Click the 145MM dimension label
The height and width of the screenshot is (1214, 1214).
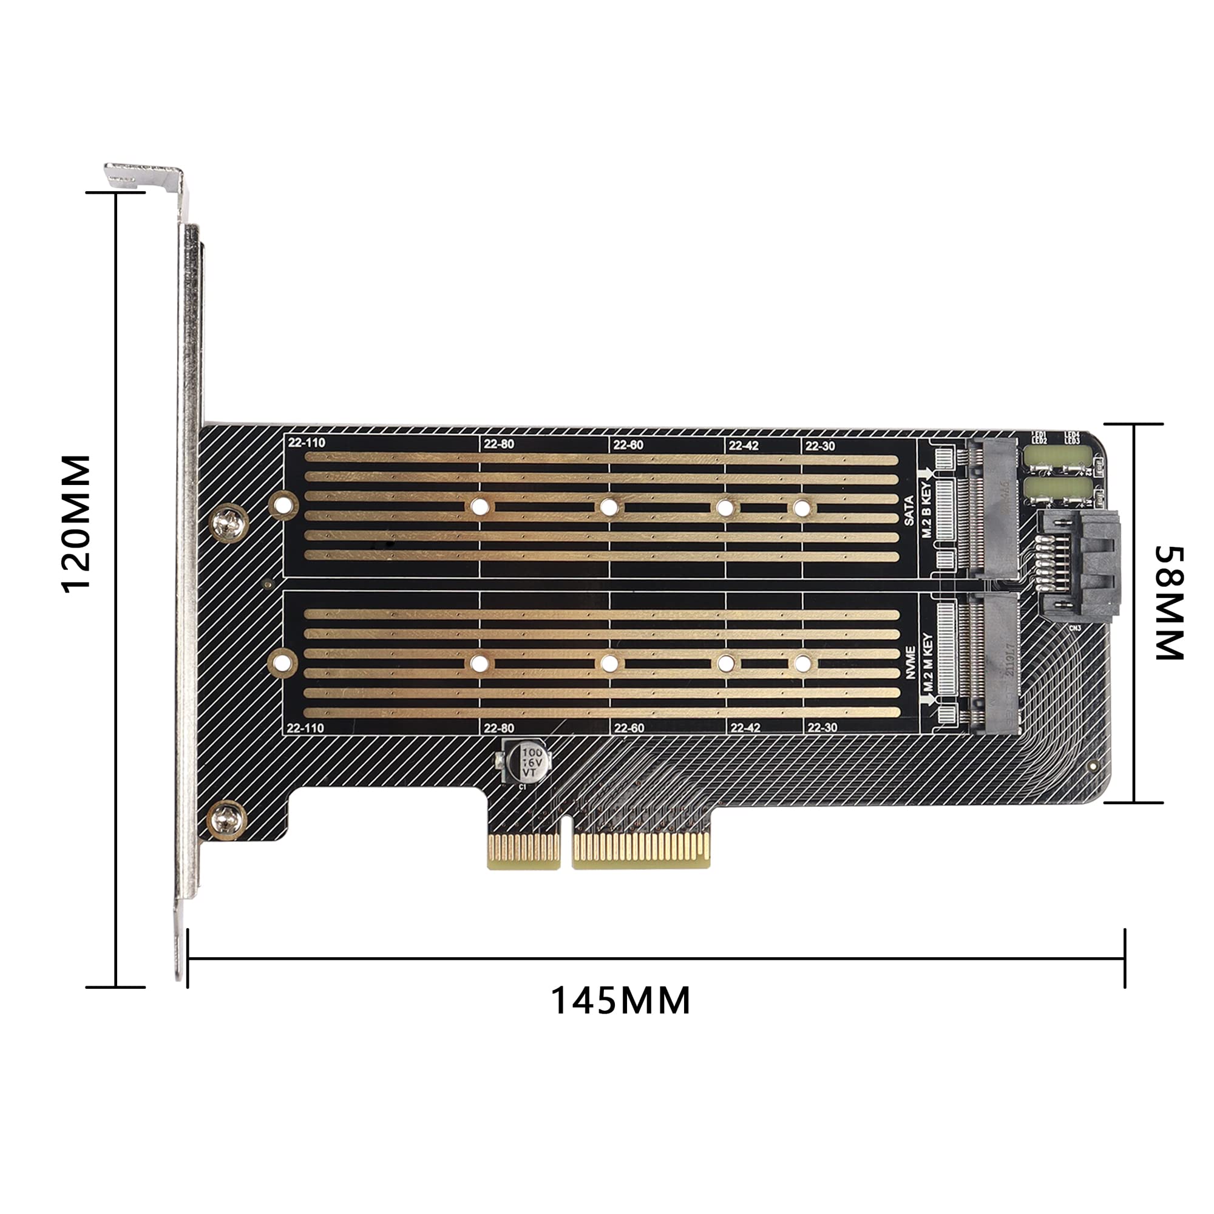(620, 1000)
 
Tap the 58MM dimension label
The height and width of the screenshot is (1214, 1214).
(1170, 603)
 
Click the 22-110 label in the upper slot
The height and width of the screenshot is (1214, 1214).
(307, 443)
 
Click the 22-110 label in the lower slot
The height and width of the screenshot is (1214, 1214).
(305, 728)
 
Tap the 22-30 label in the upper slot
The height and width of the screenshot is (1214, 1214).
(820, 446)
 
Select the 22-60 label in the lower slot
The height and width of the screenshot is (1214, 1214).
(629, 728)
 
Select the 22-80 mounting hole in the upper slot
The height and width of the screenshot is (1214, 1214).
(479, 506)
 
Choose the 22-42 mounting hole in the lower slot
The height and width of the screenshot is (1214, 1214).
(726, 663)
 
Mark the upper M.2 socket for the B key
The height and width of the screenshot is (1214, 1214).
(993, 509)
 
